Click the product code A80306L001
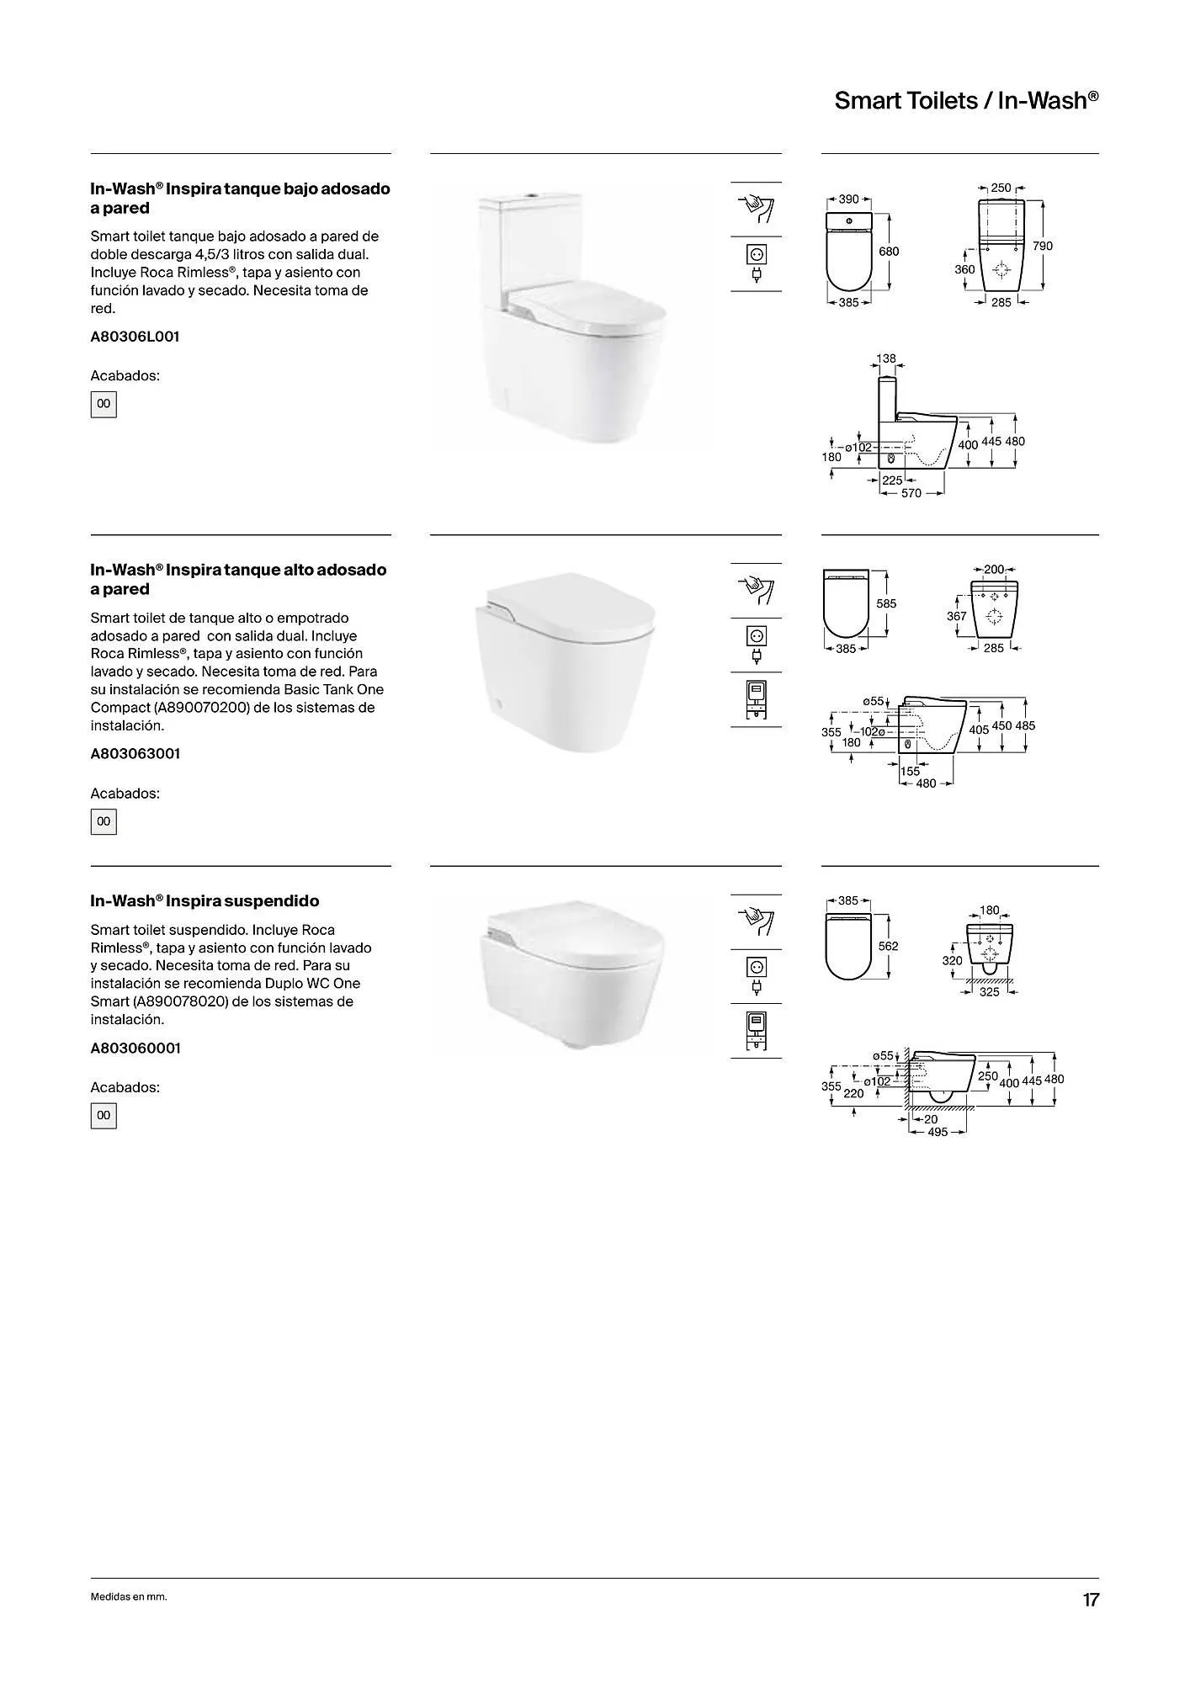coord(135,337)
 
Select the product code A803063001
coord(135,754)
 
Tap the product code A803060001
coord(135,1049)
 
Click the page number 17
coord(1091,1600)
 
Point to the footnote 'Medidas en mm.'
coord(129,1597)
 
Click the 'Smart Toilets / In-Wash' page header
coord(966,101)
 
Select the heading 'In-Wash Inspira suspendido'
coord(205,901)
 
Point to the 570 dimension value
coord(911,493)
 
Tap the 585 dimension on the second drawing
coord(886,603)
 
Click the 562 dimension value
coord(888,946)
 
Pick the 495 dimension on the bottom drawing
coord(938,1132)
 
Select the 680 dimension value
coord(889,251)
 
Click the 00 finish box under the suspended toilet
coord(104,1116)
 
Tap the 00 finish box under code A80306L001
coord(104,404)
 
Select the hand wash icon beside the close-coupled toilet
coord(756,208)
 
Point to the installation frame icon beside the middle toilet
coord(756,698)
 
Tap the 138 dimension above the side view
coord(886,358)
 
